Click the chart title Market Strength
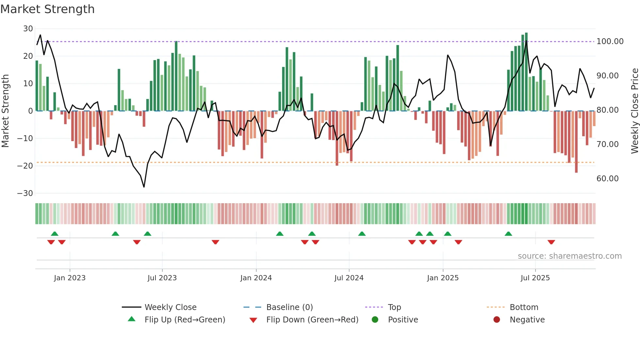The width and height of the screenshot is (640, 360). pos(47,9)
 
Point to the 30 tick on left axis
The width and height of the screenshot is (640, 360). pos(28,29)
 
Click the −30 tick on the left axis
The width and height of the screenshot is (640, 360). pos(25,193)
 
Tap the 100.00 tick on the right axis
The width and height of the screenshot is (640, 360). pos(610,41)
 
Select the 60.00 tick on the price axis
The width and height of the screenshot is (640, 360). pos(607,179)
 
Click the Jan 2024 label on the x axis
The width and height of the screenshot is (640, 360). pos(256,278)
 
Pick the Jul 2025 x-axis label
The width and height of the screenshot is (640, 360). pos(535,278)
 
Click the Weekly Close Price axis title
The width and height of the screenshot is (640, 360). pos(634,111)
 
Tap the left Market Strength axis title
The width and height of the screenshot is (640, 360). pos(6,111)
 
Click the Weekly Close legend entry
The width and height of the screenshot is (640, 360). pos(170,307)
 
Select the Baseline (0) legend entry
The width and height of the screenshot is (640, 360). pos(289,307)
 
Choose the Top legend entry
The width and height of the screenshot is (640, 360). pos(394,307)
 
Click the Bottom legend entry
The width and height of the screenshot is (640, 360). pos(524,307)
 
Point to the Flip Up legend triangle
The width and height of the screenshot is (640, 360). pos(132,319)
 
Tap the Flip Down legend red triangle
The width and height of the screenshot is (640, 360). pos(253,320)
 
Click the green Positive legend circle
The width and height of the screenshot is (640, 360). pos(375,320)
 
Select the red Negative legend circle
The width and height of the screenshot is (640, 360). pos(497,320)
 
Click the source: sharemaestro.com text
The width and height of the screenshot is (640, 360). pos(569,256)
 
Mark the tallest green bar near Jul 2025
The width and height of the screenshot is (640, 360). pos(526,72)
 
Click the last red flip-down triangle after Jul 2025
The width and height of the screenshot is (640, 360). pos(551,242)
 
